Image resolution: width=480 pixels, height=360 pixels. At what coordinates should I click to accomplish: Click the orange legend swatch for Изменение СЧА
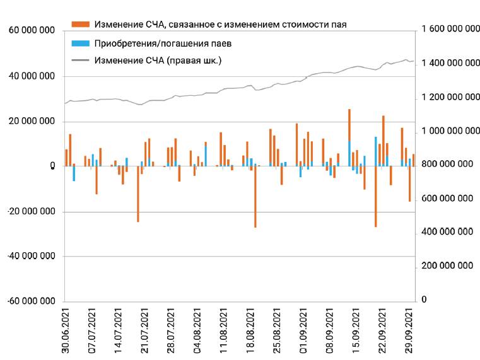pyautogui.click(x=81, y=25)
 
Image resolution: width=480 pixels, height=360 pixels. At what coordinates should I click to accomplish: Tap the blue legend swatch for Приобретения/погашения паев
pyautogui.click(x=81, y=44)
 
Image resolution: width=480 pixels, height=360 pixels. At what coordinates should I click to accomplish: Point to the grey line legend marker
pyautogui.click(x=81, y=61)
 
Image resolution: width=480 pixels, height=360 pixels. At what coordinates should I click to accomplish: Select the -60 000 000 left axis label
pyautogui.click(x=31, y=301)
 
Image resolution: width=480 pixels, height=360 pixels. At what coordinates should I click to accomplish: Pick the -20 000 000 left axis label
pyautogui.click(x=31, y=212)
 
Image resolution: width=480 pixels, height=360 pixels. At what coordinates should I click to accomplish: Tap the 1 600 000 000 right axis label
pyautogui.click(x=446, y=30)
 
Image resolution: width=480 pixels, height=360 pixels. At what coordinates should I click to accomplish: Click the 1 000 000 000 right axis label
pyautogui.click(x=446, y=131)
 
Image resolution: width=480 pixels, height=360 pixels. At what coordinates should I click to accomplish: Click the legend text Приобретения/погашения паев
pyautogui.click(x=162, y=44)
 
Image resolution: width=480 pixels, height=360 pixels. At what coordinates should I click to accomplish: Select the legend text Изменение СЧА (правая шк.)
pyautogui.click(x=158, y=61)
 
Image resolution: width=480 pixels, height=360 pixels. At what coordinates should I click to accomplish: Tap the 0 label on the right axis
pyautogui.click(x=424, y=299)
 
